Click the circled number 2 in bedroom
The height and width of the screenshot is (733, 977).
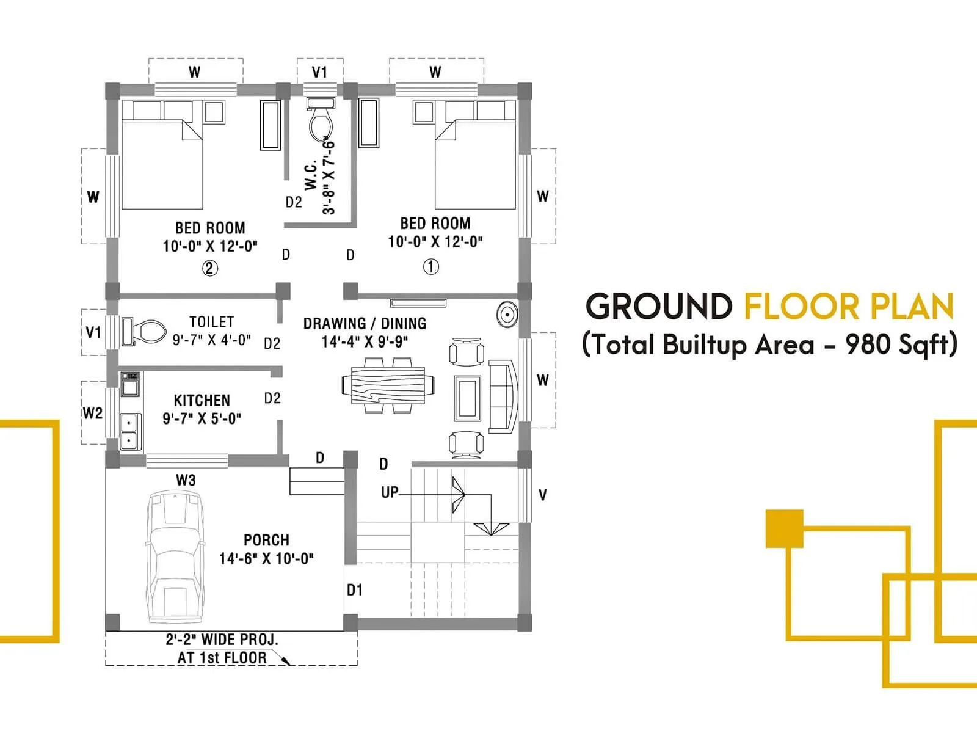210,268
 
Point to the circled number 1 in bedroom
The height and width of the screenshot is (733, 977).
431,267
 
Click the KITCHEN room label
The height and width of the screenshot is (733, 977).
202,401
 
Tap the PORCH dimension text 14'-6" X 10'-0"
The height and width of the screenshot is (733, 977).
266,558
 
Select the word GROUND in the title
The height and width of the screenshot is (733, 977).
659,307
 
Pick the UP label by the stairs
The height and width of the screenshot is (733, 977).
390,492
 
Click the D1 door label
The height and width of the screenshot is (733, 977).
355,590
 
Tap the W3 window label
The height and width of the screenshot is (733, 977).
186,480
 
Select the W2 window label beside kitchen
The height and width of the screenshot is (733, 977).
93,414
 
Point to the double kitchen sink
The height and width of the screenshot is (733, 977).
129,431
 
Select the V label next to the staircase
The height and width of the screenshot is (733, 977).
542,495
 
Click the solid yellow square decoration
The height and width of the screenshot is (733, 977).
784,528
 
